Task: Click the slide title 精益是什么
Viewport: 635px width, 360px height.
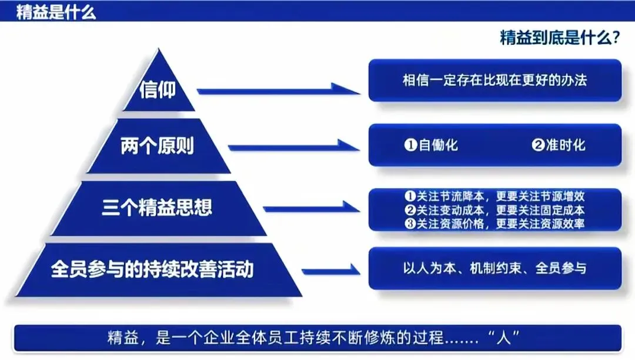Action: point(56,12)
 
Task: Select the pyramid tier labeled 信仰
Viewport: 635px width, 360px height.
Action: point(158,89)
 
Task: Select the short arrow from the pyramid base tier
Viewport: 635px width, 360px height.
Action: point(330,270)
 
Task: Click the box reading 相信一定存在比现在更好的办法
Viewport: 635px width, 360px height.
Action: point(494,80)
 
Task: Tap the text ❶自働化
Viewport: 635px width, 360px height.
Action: point(431,145)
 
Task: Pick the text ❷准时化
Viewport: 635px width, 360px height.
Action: point(559,145)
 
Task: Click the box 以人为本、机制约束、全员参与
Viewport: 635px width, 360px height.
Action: point(494,269)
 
